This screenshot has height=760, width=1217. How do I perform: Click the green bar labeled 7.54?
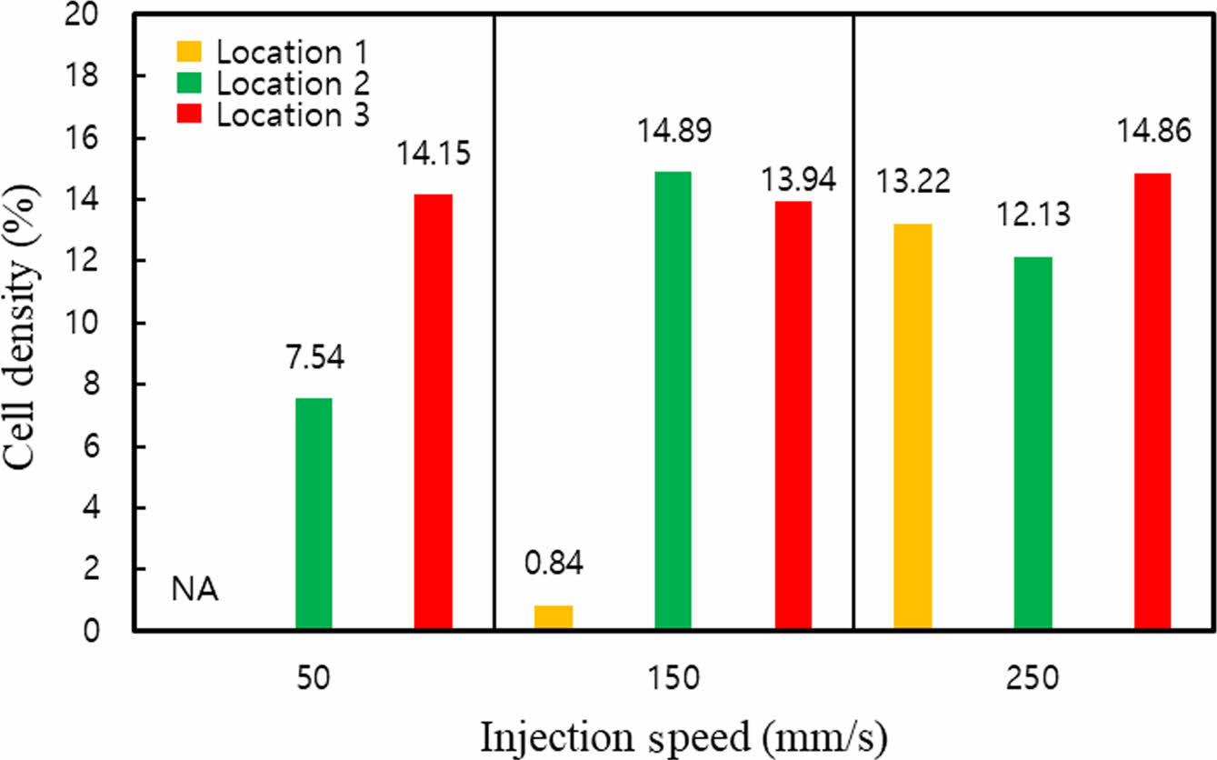point(314,514)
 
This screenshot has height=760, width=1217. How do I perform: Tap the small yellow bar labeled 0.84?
point(554,617)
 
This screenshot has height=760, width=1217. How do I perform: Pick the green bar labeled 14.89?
point(673,400)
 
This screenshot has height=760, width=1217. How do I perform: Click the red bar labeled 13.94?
point(793,415)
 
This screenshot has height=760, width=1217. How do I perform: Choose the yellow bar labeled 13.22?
point(913,426)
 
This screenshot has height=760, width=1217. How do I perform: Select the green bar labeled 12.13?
point(1032,444)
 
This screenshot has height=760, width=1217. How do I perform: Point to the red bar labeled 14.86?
point(1152,401)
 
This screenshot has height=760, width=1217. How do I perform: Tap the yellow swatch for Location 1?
point(191,53)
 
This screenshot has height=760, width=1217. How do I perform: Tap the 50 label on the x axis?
point(314,679)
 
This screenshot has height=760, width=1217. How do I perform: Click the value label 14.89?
point(673,133)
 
